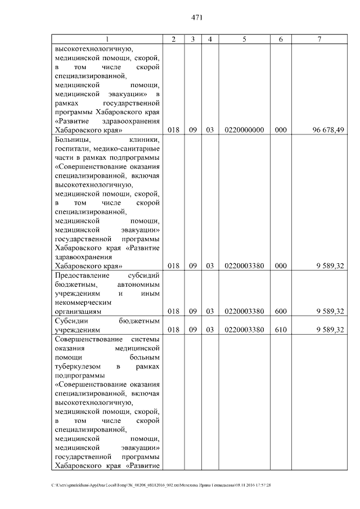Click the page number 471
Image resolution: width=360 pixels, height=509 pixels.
click(x=197, y=17)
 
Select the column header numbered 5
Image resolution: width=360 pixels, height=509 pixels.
click(x=244, y=39)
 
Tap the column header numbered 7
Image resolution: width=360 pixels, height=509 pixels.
click(x=319, y=39)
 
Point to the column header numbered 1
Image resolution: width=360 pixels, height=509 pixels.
click(x=107, y=39)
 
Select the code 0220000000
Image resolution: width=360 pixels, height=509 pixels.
click(x=244, y=130)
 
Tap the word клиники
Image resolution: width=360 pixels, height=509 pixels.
click(x=145, y=139)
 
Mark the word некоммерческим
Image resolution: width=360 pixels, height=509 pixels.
click(x=83, y=302)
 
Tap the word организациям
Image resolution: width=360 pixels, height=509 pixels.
click(x=78, y=311)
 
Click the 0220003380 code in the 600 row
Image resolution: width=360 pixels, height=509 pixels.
click(x=244, y=311)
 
